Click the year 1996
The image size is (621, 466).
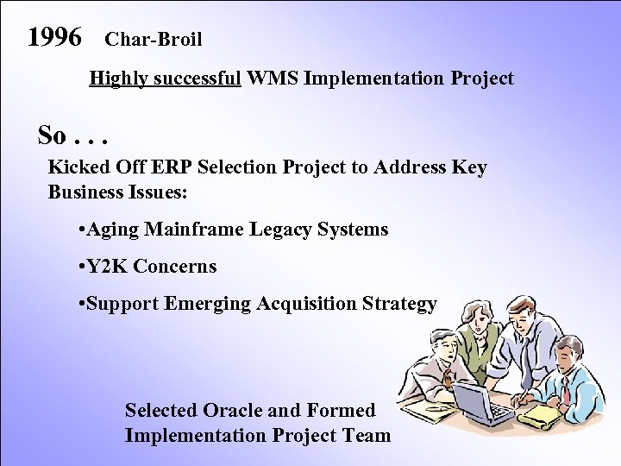click(x=54, y=37)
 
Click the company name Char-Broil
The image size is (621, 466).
click(x=153, y=40)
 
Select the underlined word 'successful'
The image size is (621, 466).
click(x=199, y=79)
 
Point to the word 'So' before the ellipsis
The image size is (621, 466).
click(x=51, y=135)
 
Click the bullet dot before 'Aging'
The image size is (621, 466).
click(x=80, y=230)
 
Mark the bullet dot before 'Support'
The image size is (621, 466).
click(x=80, y=305)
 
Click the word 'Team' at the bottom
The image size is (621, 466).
click(x=367, y=435)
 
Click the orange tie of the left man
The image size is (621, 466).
click(x=448, y=376)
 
